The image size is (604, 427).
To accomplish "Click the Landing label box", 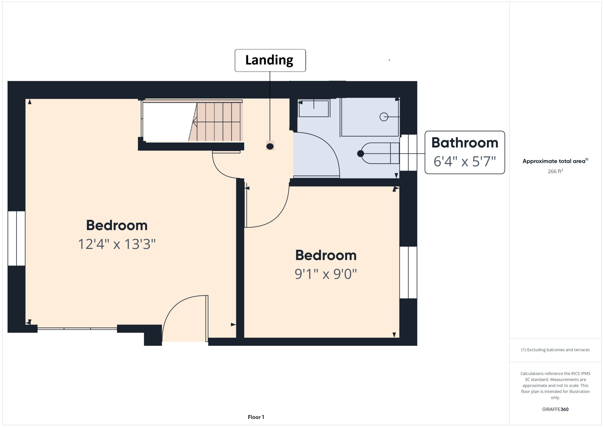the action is (x=270, y=60).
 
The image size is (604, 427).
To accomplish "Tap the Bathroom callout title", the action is (x=465, y=143).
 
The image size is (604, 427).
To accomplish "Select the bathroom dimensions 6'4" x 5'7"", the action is (x=465, y=161).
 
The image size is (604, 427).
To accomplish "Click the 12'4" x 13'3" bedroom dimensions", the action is (x=117, y=244).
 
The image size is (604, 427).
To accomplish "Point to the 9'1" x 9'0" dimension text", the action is (x=326, y=274).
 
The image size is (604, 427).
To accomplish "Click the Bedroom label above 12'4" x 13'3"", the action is (x=117, y=225).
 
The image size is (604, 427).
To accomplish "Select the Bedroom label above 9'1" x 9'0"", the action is (x=326, y=255).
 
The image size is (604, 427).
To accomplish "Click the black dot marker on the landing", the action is (x=270, y=146).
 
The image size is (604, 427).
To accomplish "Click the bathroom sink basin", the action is (x=314, y=109).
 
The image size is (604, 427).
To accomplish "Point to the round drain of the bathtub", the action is (x=384, y=117).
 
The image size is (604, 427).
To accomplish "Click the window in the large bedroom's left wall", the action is (x=16, y=238).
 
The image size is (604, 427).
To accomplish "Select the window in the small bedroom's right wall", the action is (x=408, y=272).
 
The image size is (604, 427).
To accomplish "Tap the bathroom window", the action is (x=408, y=152).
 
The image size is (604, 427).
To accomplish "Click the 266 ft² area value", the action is (x=555, y=171).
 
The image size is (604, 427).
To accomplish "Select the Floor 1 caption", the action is (x=256, y=417).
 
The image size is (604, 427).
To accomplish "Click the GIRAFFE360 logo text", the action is (x=555, y=409).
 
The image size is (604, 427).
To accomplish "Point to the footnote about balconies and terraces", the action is (x=555, y=350).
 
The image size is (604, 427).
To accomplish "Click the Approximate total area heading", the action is (x=555, y=161).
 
